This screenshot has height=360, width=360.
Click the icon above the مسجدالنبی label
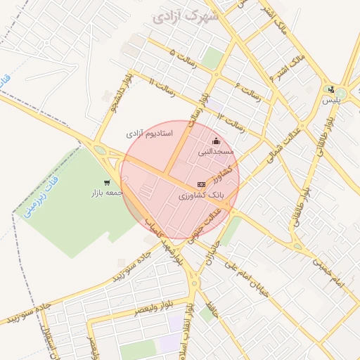pyautogui.click(x=215, y=141)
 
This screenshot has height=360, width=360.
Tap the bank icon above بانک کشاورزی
pyautogui.click(x=202, y=184)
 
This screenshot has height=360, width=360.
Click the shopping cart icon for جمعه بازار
pyautogui.click(x=107, y=183)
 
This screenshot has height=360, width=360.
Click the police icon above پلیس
pyautogui.click(x=330, y=89)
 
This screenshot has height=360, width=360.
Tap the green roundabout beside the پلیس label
pyautogui.click(x=342, y=92)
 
